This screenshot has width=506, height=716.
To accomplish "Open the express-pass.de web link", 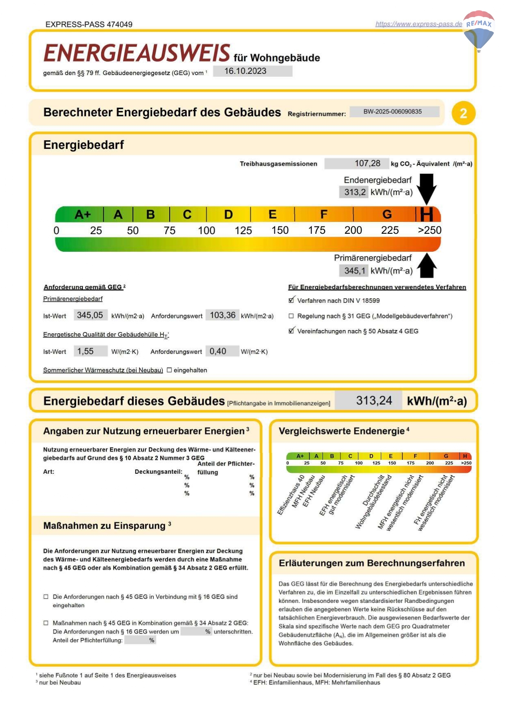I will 418,24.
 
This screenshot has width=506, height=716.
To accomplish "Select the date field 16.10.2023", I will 252,71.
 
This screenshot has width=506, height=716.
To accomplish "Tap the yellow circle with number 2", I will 463,113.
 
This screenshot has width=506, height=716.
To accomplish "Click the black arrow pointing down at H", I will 427,188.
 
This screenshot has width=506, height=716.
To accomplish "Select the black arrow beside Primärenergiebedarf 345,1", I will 427,266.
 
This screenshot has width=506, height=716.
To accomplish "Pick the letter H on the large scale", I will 426,214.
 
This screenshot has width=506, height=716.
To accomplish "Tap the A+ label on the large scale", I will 83,214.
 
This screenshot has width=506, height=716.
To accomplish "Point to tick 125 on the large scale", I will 243,231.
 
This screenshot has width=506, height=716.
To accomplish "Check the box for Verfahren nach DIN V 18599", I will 291,300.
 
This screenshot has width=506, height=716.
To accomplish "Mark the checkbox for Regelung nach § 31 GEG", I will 291,316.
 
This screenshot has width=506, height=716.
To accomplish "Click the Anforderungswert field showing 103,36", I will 222,315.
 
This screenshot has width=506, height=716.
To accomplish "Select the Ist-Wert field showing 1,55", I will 90,351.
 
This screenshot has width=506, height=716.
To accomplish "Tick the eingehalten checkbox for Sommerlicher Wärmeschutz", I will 169,370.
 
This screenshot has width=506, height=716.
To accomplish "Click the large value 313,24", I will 373,401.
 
